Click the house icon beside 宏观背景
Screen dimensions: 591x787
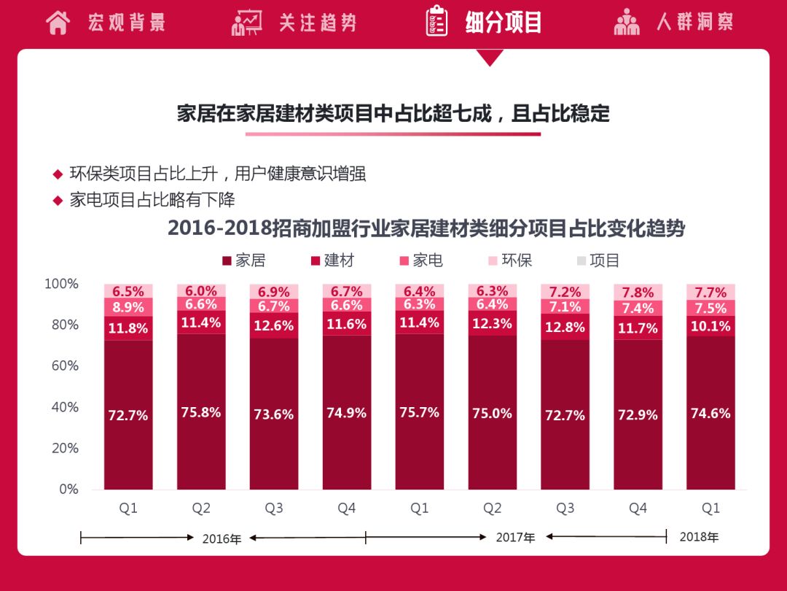58,22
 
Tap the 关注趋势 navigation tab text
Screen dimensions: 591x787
317,22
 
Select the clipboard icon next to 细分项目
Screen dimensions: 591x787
436,21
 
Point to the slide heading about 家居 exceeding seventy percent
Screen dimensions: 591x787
393,114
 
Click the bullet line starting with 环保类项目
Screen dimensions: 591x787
217,174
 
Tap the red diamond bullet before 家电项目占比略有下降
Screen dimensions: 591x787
58,201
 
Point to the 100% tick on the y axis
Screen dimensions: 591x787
63,284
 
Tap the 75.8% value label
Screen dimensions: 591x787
200,412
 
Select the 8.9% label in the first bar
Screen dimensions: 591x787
128,308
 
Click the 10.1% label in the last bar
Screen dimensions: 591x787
710,326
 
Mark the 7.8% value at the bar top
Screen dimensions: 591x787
638,293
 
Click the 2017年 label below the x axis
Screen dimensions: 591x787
515,538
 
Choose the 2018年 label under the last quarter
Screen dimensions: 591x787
699,537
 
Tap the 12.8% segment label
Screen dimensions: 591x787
565,327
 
